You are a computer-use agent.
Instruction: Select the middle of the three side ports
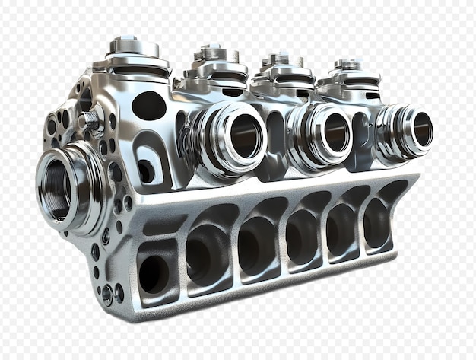(328, 132)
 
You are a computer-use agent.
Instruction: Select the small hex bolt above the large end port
(90, 119)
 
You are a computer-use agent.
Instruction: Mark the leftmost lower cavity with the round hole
(154, 272)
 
